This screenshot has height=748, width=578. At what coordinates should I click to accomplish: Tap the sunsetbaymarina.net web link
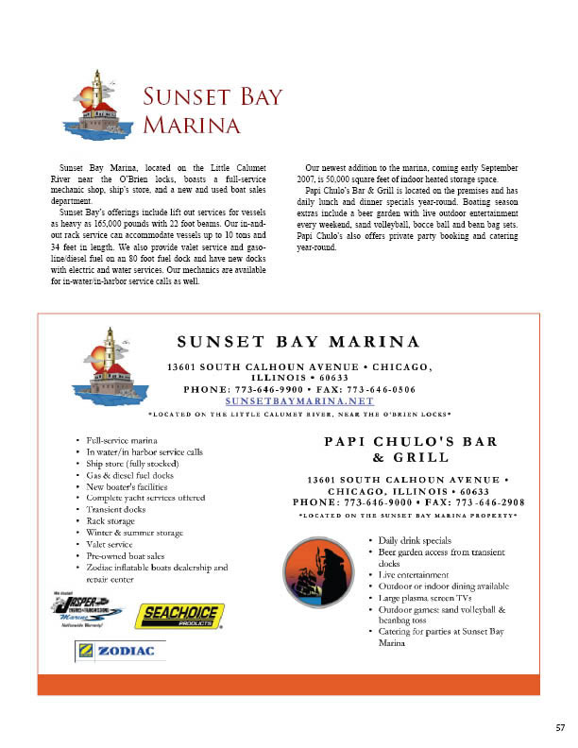point(299,400)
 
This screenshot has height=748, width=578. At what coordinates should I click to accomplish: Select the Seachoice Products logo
point(179,616)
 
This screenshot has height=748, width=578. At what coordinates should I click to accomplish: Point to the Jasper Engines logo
point(86,608)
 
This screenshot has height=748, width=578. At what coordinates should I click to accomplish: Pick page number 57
point(560,728)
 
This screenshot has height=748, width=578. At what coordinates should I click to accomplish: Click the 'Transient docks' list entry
point(116,509)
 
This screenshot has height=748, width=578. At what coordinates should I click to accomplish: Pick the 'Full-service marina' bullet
point(120,440)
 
